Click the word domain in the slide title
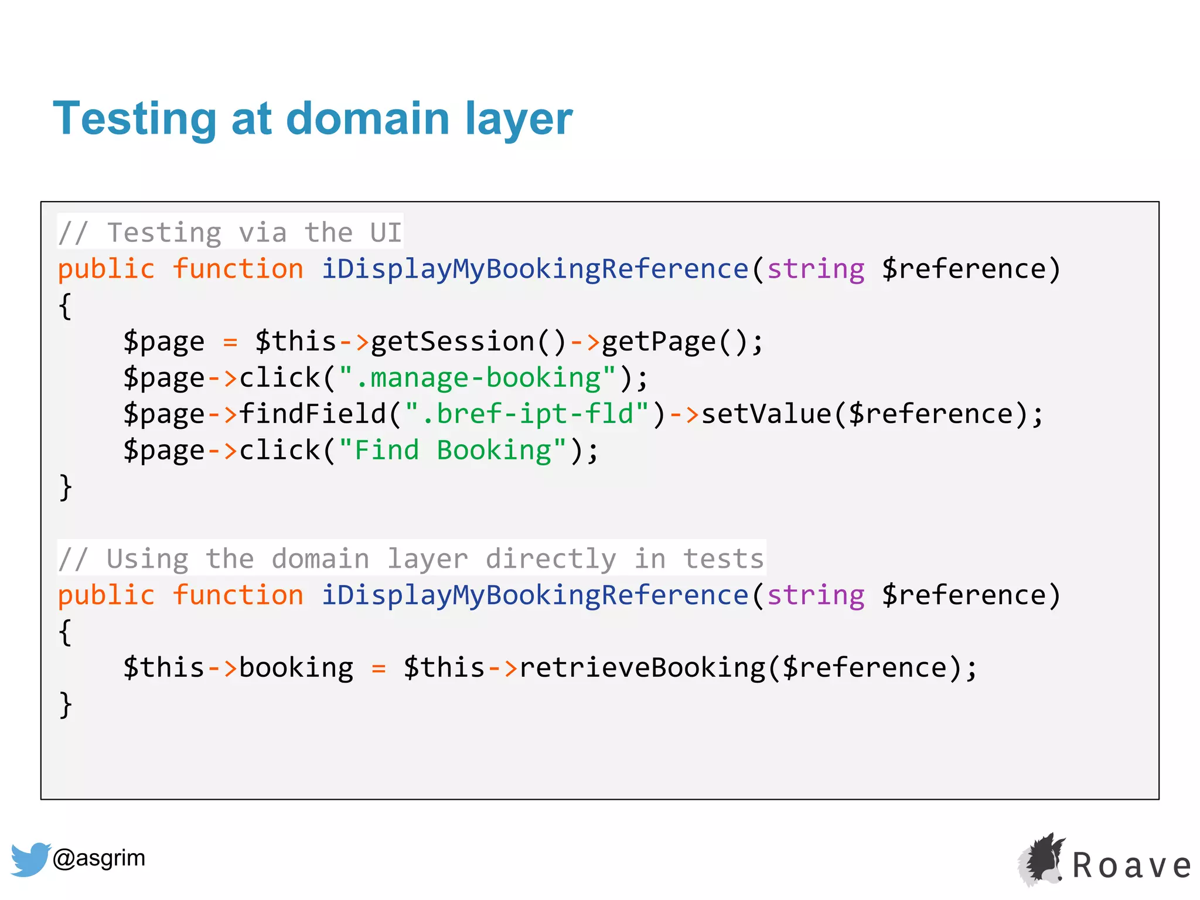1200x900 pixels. (x=367, y=119)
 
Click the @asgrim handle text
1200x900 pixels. (x=98, y=858)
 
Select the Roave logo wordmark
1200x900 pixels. (x=1131, y=866)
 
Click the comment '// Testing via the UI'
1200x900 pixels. (x=230, y=233)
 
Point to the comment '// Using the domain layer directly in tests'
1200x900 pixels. (x=411, y=558)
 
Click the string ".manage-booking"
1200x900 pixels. (x=478, y=378)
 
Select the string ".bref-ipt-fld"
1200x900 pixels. (x=527, y=414)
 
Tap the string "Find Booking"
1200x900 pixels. (x=452, y=451)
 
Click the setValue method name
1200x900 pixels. (x=766, y=414)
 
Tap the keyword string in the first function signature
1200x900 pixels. (x=816, y=270)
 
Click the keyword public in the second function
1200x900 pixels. (x=106, y=596)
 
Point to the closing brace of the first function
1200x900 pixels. (x=65, y=487)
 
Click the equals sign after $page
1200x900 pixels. (x=230, y=342)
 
